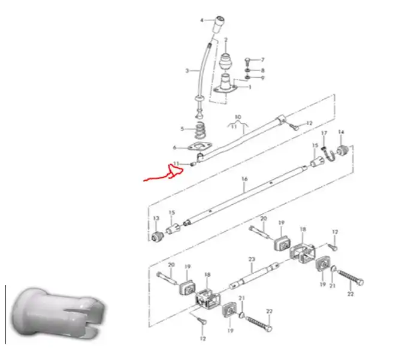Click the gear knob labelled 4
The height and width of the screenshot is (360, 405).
(x=219, y=24)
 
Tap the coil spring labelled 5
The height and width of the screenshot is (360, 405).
(x=201, y=131)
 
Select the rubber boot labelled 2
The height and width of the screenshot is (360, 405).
(x=226, y=62)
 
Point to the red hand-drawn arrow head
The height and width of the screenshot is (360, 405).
(x=176, y=171)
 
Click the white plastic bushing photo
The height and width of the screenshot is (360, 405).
(x=58, y=313)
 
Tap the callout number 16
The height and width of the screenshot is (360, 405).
(x=244, y=179)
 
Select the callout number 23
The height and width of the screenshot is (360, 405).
(x=251, y=259)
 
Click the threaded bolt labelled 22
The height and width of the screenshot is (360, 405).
(x=350, y=277)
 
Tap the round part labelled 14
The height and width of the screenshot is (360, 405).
(x=343, y=150)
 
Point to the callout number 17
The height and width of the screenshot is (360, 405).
(x=324, y=133)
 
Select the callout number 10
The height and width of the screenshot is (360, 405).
(x=238, y=117)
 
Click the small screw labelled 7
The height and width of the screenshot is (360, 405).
(x=247, y=62)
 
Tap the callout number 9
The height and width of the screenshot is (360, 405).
(x=262, y=78)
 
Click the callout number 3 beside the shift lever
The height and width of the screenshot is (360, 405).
(x=187, y=71)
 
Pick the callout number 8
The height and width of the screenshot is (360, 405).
(x=262, y=70)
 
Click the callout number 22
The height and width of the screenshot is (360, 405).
(x=350, y=294)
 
